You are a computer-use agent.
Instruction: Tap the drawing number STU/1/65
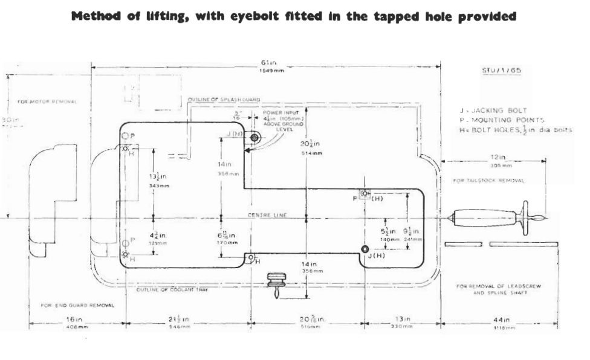[501, 71]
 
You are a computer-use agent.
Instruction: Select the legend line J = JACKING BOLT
[493, 111]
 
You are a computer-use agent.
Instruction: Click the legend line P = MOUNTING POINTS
[501, 120]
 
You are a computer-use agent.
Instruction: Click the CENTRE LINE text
[267, 215]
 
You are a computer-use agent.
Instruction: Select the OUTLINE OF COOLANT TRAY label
[172, 290]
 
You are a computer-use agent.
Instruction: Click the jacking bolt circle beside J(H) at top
[254, 138]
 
